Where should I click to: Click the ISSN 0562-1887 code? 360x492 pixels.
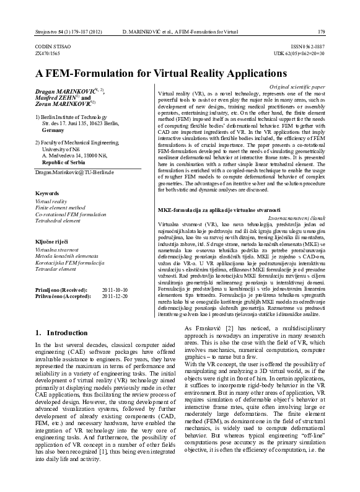tap(307, 47)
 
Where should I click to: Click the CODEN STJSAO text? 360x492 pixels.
tap(53, 47)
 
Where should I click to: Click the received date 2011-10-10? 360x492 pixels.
tap(115, 289)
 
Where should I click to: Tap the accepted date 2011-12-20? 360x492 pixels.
tap(115, 296)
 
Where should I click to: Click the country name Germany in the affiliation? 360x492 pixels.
tap(53, 131)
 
